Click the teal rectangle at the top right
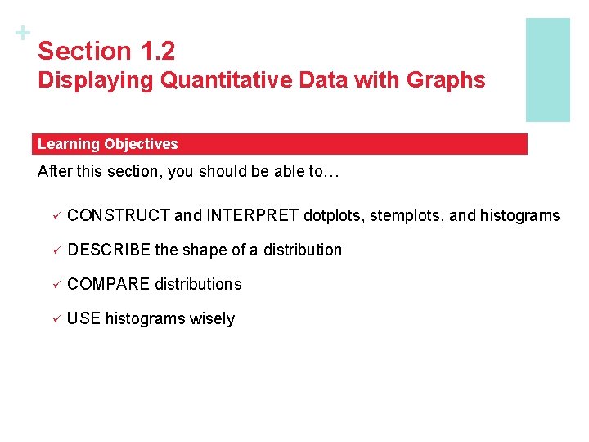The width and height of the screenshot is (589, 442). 547,70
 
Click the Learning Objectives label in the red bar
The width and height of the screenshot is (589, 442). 107,144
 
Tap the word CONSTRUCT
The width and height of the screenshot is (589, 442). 119,216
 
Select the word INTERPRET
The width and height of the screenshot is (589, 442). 253,216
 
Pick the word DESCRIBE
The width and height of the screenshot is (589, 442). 109,250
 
